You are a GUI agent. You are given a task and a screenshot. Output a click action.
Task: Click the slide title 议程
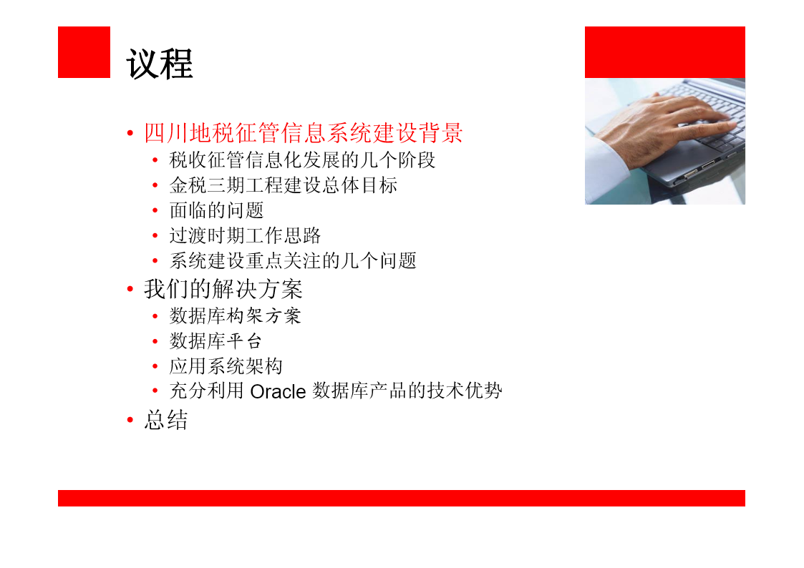(160, 64)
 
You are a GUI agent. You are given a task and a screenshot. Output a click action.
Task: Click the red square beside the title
(84, 52)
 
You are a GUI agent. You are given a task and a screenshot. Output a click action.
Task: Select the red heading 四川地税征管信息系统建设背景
(303, 133)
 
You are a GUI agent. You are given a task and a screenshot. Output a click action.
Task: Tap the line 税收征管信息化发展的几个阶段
(302, 160)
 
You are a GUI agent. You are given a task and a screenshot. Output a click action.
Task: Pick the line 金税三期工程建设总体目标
(283, 185)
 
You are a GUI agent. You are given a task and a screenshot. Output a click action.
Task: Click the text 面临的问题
(216, 210)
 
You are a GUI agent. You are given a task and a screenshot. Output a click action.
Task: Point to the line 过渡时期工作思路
(245, 235)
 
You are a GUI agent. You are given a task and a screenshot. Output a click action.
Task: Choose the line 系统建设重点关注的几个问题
(293, 260)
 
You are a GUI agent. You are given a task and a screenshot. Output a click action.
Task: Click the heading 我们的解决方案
(223, 290)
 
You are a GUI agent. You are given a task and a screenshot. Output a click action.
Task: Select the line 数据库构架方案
(236, 316)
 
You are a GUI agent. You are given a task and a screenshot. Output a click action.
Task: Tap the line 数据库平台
(216, 341)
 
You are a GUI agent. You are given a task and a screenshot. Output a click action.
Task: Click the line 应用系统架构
(226, 366)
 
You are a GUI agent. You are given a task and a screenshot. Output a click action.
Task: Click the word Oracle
(278, 392)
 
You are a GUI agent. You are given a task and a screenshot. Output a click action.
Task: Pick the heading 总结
(165, 420)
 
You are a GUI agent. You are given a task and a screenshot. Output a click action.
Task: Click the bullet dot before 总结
(130, 420)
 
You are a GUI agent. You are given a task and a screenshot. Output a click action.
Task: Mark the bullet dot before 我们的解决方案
(130, 290)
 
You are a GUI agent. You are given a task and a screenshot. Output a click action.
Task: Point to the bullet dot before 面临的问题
(155, 210)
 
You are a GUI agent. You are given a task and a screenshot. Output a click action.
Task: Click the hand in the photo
(667, 125)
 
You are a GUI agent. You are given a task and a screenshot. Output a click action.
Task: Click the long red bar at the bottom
(402, 499)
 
